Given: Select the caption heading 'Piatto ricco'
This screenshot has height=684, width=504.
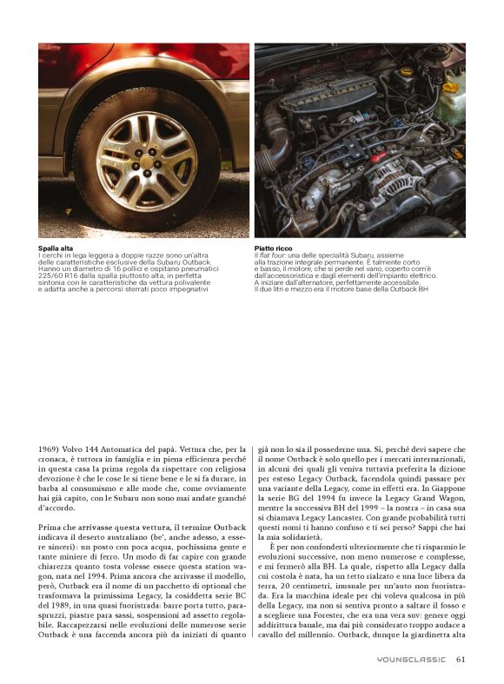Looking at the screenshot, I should click(x=272, y=248).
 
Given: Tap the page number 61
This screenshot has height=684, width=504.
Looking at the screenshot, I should click(x=461, y=659).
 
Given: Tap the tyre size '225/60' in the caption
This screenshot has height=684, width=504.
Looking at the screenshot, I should click(x=52, y=273).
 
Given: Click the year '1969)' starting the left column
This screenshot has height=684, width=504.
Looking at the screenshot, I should click(x=50, y=449).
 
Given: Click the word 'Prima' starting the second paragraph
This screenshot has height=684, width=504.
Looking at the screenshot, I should click(x=50, y=528).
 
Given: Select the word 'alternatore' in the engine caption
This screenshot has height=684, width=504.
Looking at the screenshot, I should click(x=316, y=282).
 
